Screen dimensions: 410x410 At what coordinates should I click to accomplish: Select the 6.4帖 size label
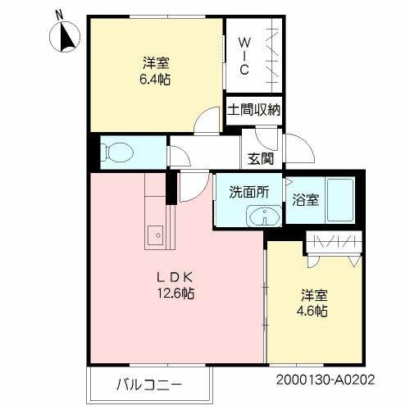[x=156, y=79]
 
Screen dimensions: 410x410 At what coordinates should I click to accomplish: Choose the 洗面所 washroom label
[x=248, y=194]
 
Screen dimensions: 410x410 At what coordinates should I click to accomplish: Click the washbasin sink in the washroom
[x=263, y=217]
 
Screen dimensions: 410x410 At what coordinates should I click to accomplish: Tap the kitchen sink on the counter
[x=155, y=236]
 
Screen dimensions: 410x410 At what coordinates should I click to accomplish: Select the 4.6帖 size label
[x=312, y=312]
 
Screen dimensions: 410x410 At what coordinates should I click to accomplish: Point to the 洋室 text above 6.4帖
[x=156, y=63]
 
